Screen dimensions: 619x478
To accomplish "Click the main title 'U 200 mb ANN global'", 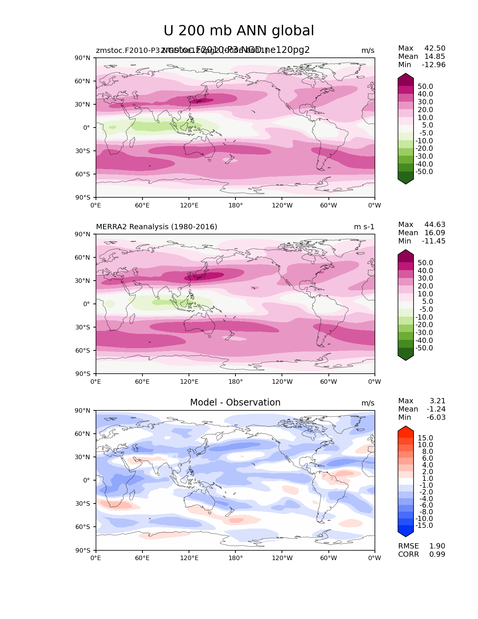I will click(x=239, y=31).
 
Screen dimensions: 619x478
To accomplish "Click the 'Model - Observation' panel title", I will click(x=235, y=403).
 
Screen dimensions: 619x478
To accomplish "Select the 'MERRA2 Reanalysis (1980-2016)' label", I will click(x=156, y=227).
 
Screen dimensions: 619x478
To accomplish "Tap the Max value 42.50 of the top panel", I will click(x=435, y=48).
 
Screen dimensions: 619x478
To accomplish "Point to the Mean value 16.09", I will click(x=435, y=233).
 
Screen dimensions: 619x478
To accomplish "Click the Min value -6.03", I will click(x=436, y=418).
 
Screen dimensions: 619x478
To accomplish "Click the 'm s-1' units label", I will click(x=364, y=227).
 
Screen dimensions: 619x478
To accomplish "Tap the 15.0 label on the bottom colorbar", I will click(x=426, y=438).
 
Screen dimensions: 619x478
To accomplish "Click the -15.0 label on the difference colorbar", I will click(x=424, y=526).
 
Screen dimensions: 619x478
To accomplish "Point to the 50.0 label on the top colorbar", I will click(x=426, y=87).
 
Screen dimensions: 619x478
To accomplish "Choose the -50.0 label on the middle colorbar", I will click(x=424, y=348).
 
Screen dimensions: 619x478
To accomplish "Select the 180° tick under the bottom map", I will click(x=235, y=558).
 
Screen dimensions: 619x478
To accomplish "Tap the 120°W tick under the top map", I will click(x=282, y=206).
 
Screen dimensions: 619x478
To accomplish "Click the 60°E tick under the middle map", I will click(x=142, y=382).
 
